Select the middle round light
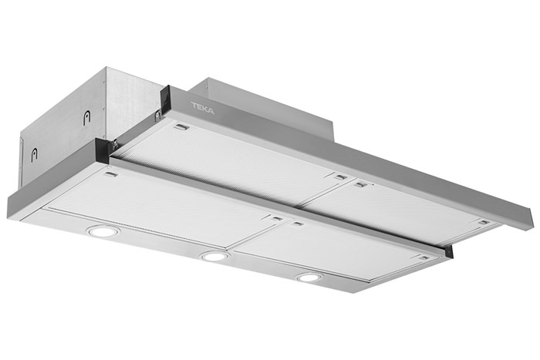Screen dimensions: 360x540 click(x=214, y=255)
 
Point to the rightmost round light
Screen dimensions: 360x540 click(x=309, y=277)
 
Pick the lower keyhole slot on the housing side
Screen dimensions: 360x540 click(x=34, y=154)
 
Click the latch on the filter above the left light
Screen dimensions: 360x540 click(x=110, y=176)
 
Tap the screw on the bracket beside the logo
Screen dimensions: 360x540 click(x=157, y=115)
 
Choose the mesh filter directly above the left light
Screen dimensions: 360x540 click(x=154, y=200)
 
